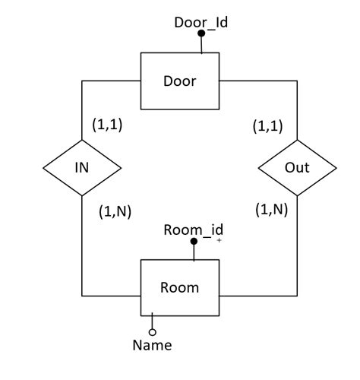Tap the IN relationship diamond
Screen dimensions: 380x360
(82, 167)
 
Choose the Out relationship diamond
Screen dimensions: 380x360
(297, 167)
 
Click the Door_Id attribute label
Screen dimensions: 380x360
(201, 22)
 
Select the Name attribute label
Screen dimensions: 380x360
(152, 346)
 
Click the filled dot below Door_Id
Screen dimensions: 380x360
(201, 35)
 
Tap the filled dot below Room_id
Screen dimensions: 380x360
(194, 242)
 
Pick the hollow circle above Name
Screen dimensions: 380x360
(152, 332)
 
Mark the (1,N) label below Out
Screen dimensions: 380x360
(271, 209)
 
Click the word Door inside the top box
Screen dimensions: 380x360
(180, 81)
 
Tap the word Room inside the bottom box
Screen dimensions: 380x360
(180, 287)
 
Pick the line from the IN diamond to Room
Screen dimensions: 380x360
(82, 251)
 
